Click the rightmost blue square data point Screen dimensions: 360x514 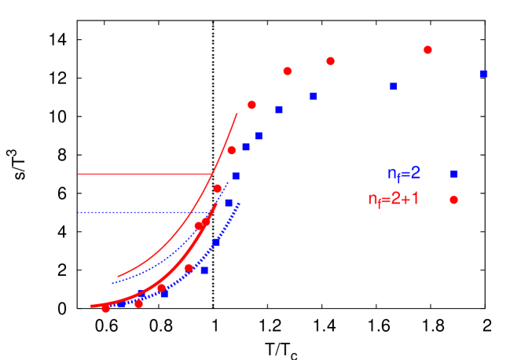483,74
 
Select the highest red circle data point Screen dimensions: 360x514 428,50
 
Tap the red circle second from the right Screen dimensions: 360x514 330,61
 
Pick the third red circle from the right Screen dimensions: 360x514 288,71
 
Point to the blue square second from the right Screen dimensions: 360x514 393,86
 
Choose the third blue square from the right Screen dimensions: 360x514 313,96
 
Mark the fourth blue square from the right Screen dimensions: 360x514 278,110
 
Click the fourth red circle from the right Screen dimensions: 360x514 251,105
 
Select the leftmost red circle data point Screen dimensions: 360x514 106,308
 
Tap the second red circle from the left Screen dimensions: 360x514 139,303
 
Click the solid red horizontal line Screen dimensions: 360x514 141,174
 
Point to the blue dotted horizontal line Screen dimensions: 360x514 141,212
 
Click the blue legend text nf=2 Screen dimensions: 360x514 403,174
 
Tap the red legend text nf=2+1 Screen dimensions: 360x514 393,199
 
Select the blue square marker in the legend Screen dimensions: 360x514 453,174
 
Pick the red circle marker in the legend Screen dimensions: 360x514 453,200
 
